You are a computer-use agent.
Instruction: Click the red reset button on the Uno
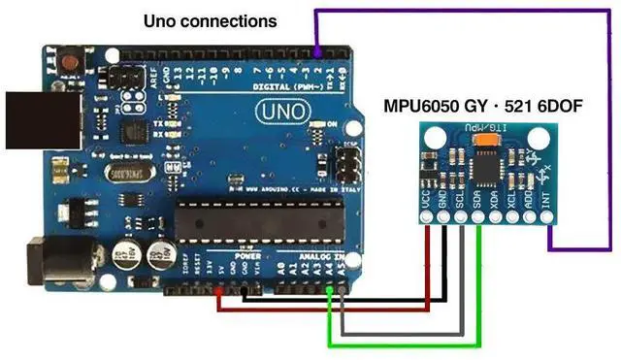tap(69, 64)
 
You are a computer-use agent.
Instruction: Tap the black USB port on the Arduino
tap(28, 120)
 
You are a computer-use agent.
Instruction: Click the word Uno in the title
tap(162, 20)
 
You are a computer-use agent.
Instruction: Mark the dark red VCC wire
tap(320, 310)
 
